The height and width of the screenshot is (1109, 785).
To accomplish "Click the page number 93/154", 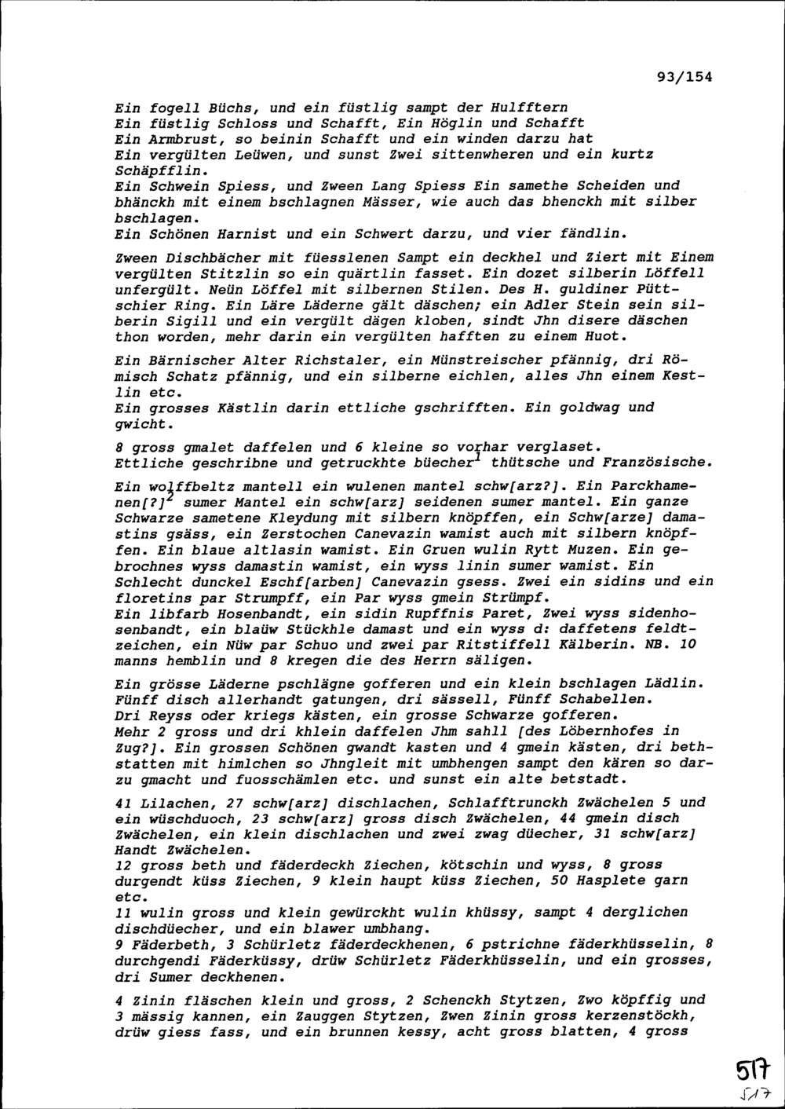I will tap(681, 77).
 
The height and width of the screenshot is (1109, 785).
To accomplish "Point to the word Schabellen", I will tap(612, 699).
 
